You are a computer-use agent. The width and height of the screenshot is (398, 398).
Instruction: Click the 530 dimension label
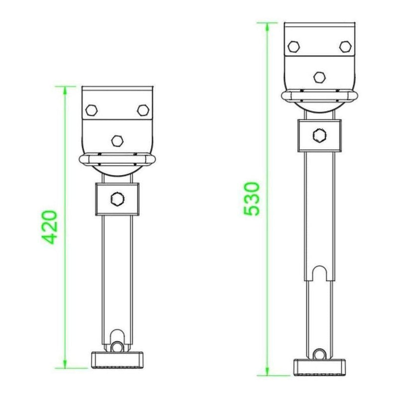coord(252,199)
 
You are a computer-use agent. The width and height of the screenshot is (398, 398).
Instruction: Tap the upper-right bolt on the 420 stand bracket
coord(142,109)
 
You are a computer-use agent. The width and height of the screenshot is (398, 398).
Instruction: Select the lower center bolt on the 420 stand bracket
coord(117,140)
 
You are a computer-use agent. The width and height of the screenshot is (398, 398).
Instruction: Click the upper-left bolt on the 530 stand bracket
coord(294,47)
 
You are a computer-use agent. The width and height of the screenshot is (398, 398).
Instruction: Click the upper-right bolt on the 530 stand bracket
coord(345,47)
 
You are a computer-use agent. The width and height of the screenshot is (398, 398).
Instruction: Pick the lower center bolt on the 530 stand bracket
coord(319,78)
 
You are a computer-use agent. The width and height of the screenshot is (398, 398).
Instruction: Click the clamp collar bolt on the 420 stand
coord(117,199)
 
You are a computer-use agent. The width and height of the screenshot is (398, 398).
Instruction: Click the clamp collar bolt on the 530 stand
coord(319,135)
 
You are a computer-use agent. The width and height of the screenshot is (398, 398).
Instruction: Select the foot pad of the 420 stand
coord(117,358)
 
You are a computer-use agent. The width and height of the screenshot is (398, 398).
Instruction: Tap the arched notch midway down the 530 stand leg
coord(319,273)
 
